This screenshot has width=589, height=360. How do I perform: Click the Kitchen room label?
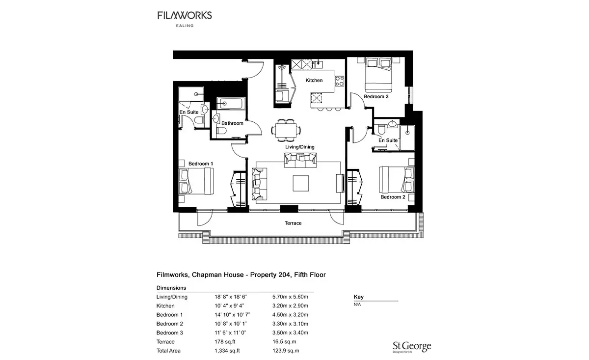[x=314, y=80]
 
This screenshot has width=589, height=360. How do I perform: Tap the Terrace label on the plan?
[x=293, y=223]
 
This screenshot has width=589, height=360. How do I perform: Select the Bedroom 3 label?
[x=376, y=97]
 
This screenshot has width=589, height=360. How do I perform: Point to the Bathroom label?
[x=232, y=123]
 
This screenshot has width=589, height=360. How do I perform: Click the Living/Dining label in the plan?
[x=300, y=147]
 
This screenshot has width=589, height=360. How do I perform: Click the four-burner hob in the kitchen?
[x=340, y=81]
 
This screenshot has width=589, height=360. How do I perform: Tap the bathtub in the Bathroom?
[x=231, y=104]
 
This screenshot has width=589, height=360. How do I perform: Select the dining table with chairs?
[x=286, y=130]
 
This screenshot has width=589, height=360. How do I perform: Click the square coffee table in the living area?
[x=301, y=183]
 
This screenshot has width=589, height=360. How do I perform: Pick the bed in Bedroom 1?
[x=196, y=181]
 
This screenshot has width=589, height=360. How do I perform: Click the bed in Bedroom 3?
[x=378, y=75]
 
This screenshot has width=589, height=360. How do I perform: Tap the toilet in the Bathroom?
[x=222, y=131]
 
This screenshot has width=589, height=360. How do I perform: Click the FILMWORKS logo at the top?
[x=185, y=19]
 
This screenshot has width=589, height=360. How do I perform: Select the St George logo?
[x=412, y=347]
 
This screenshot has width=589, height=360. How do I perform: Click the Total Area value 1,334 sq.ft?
[x=227, y=351]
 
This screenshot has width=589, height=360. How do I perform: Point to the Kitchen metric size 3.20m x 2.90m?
[x=290, y=306]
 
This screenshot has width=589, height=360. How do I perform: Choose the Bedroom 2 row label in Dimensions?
[x=170, y=324]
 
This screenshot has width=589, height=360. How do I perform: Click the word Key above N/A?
[x=358, y=297]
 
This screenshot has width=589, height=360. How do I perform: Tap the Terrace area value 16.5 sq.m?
[x=284, y=341]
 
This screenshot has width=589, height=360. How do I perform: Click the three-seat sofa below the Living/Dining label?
[x=300, y=160]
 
